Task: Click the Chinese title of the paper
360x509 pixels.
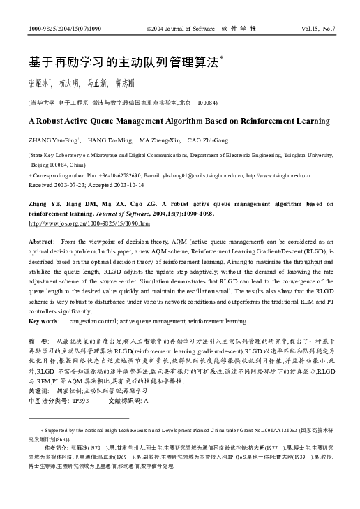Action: tap(122, 61)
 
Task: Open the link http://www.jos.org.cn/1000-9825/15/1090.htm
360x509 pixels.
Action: tap(89, 223)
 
